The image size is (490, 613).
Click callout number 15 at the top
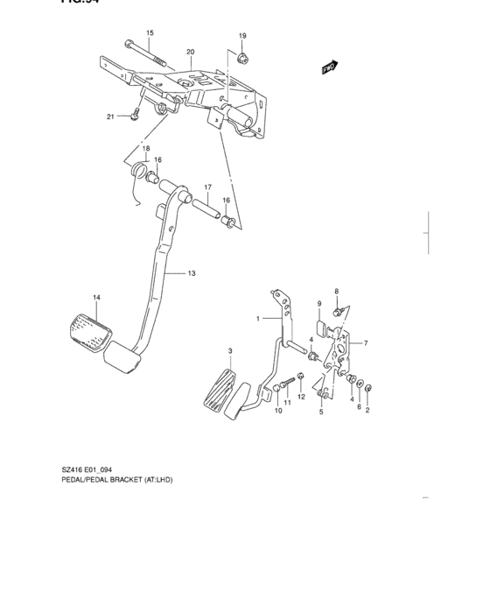[x=150, y=33]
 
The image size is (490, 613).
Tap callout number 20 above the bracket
[x=190, y=52]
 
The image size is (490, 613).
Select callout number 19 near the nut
[x=242, y=35]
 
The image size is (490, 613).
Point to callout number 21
[x=111, y=116]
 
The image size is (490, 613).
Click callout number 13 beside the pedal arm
[x=191, y=274]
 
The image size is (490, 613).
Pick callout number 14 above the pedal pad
[x=96, y=299]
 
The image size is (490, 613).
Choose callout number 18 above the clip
[x=146, y=148]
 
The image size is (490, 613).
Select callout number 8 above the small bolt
[x=335, y=291]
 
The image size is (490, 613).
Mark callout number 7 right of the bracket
[x=365, y=342]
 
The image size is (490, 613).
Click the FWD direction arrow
[x=330, y=67]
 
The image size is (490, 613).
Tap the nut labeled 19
[x=242, y=58]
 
